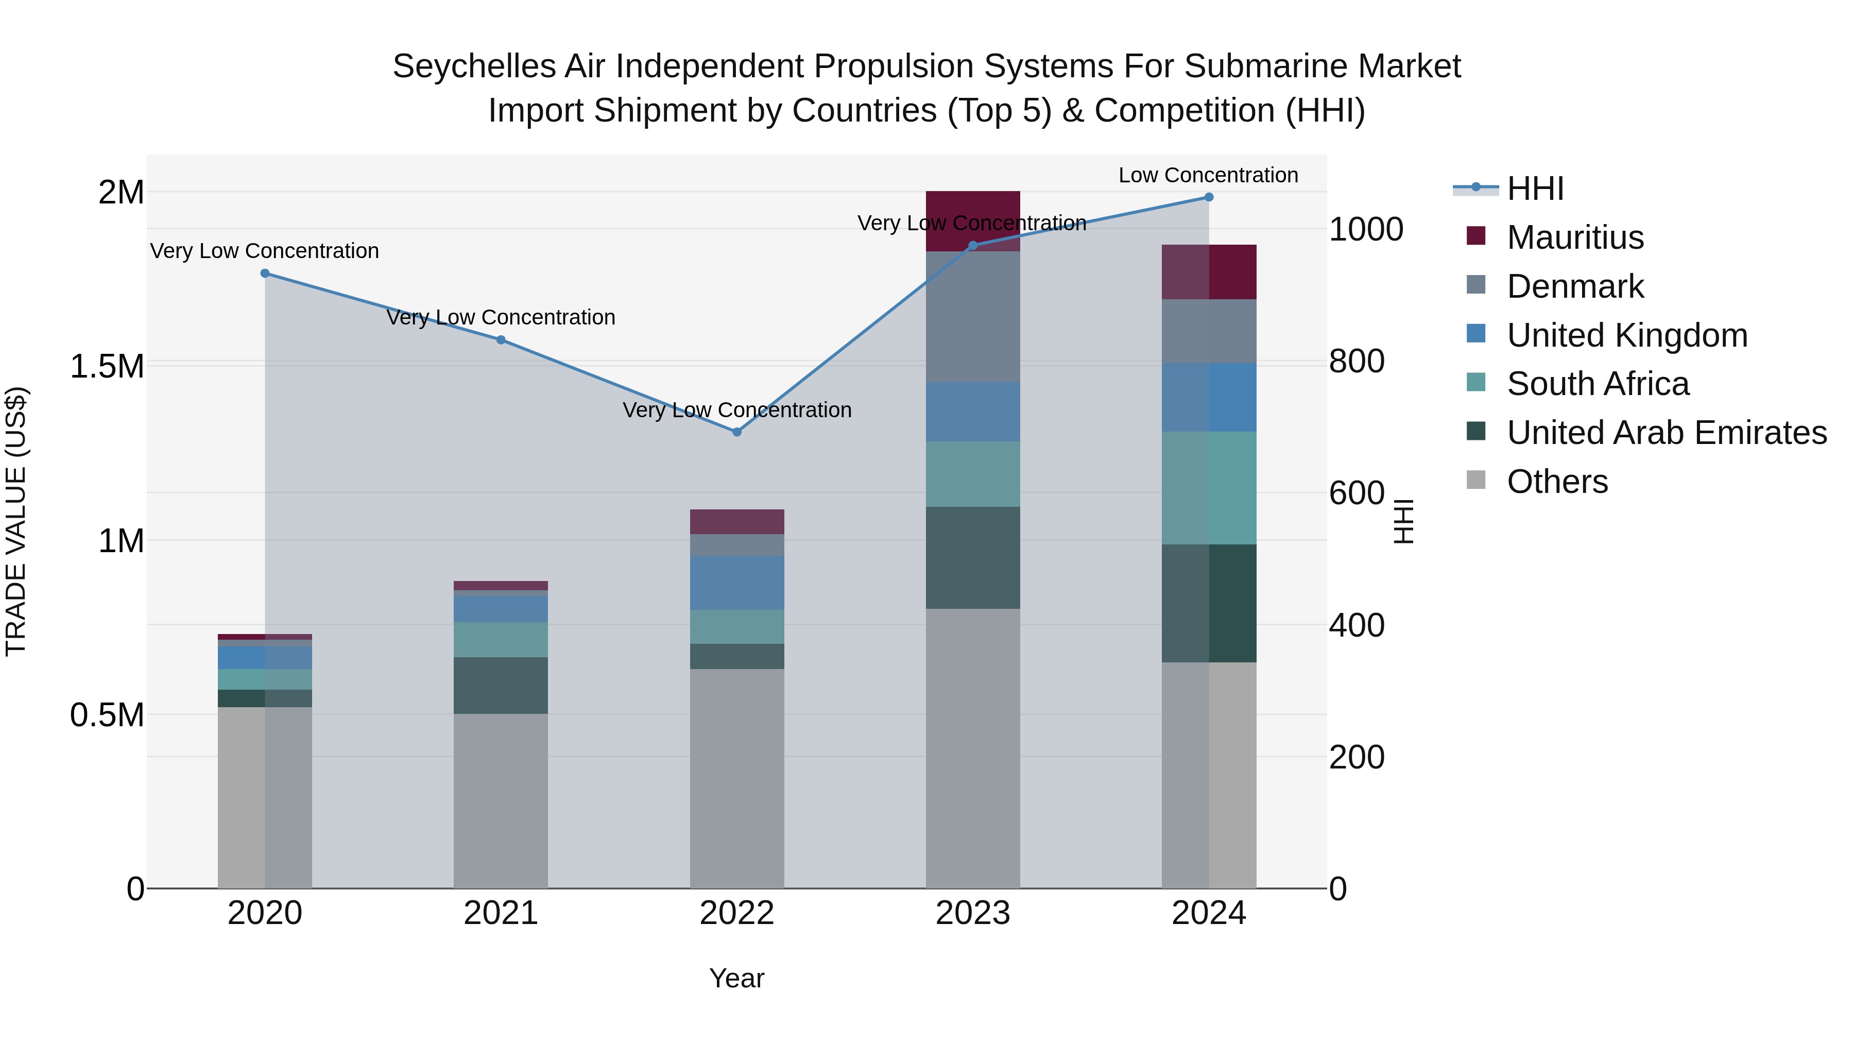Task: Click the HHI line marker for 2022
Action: [736, 432]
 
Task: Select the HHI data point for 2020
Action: [265, 273]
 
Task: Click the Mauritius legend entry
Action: [1575, 237]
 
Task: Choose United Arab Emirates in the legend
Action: [1666, 433]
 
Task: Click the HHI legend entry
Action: [1535, 189]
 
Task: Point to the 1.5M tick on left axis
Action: [107, 366]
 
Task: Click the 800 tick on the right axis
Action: [1356, 362]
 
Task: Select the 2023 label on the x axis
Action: [972, 913]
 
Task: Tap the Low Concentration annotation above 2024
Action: [1208, 175]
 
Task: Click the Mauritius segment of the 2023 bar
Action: [972, 209]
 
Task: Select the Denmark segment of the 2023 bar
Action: [972, 317]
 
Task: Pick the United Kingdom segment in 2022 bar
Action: [736, 583]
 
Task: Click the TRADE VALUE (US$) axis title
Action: [16, 521]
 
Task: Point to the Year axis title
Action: [736, 978]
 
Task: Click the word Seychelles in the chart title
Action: [474, 66]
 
